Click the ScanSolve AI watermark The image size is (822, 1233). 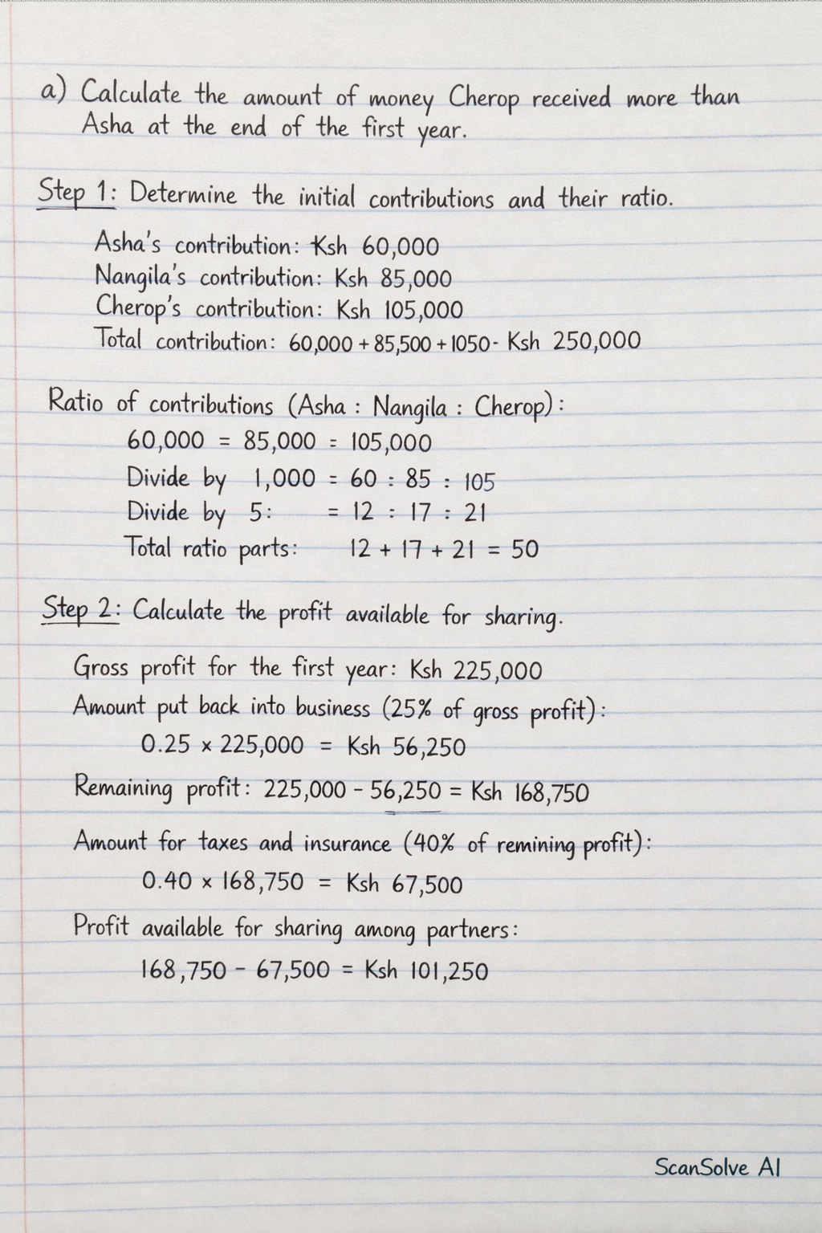(x=717, y=1166)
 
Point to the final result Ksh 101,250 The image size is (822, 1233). (x=426, y=971)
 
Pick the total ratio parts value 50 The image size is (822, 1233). (x=525, y=550)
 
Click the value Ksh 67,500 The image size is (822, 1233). (x=405, y=885)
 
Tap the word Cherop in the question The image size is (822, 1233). (x=484, y=100)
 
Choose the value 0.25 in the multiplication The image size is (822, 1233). (x=165, y=746)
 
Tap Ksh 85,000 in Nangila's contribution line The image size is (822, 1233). (x=393, y=279)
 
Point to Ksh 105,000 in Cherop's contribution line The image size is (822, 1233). (x=400, y=310)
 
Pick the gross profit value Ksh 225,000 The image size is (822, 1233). (x=476, y=669)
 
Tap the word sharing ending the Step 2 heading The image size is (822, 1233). (x=523, y=617)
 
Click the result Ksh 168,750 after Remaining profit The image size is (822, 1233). (x=530, y=793)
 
